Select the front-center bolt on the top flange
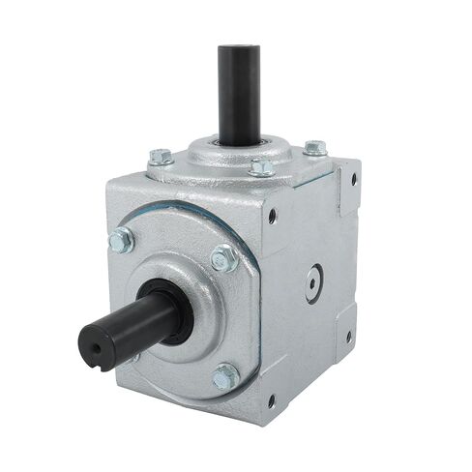click(x=261, y=166)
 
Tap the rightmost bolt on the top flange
click(x=314, y=148)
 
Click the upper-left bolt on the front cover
click(x=122, y=239)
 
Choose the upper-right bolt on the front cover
click(x=223, y=257)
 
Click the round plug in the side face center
click(x=312, y=281)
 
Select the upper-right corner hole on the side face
click(x=353, y=179)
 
